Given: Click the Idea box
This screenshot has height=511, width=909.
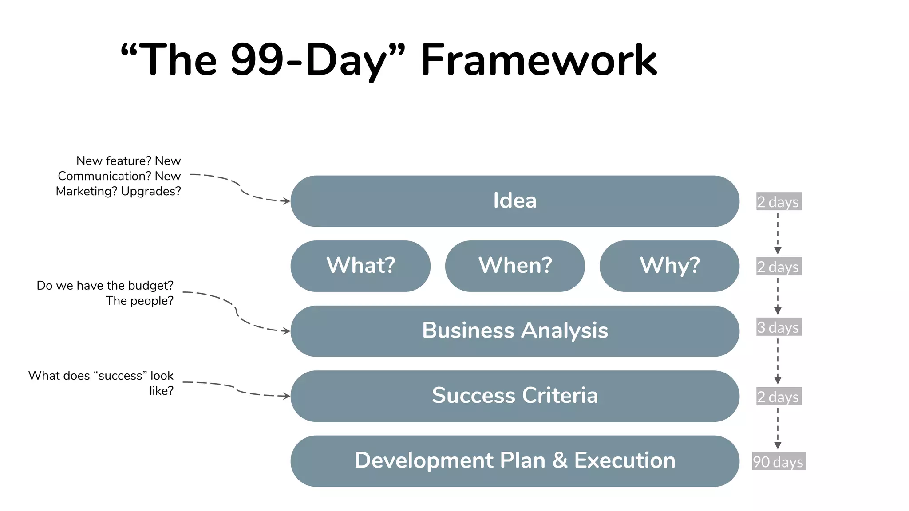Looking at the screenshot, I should coord(515,201).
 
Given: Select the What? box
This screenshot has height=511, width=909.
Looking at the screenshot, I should coord(360,266).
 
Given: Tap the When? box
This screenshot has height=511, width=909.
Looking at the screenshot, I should coord(515,266).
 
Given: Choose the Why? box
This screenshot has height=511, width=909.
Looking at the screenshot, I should coord(669,266).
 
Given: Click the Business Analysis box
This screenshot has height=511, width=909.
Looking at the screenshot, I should coord(515,331).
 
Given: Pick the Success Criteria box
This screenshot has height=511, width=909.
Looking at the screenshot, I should coord(515,396).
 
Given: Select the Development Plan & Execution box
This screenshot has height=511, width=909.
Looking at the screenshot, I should coord(515,461).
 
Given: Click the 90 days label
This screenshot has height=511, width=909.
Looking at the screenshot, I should coord(779,461).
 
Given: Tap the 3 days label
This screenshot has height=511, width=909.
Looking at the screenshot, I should coord(779,327).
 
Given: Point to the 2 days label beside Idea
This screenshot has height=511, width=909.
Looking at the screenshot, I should coord(779,202).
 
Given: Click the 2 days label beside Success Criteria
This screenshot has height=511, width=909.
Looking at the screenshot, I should coord(779,397).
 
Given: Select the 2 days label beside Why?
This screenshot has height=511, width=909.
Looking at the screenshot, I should coord(779,267).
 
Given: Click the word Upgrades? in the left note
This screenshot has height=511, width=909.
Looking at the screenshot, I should coord(151,191).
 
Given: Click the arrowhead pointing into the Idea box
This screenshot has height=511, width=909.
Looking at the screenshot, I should coord(287,201).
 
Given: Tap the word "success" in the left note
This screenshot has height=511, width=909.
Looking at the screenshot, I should coord(120,376).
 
